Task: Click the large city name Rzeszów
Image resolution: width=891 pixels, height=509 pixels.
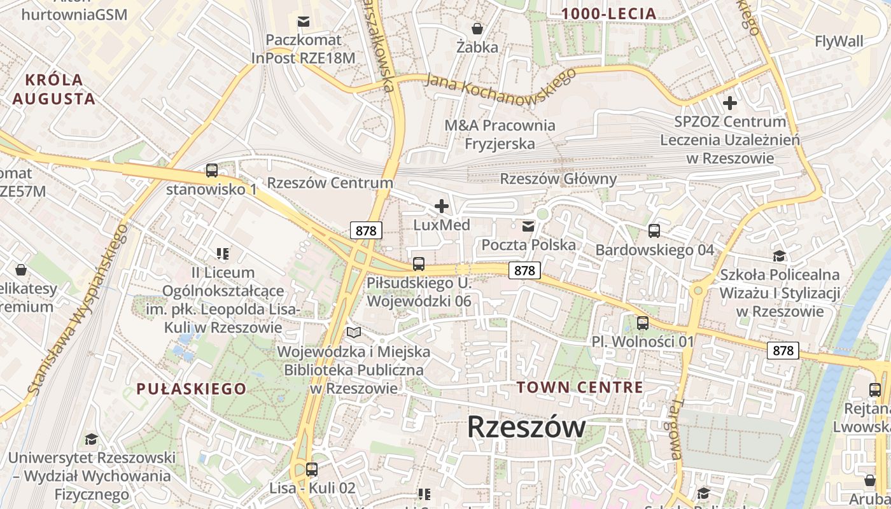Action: tap(526, 427)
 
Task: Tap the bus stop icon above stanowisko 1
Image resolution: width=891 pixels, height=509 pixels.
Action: tap(212, 171)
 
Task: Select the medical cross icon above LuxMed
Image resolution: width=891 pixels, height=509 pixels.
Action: tap(441, 206)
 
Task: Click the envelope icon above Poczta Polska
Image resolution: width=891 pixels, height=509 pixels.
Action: tap(528, 226)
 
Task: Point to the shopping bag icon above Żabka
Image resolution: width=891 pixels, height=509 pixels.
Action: tap(477, 29)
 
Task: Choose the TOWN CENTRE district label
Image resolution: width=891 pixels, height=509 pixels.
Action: tap(580, 387)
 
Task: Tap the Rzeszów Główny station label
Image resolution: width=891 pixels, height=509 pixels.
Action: tap(558, 179)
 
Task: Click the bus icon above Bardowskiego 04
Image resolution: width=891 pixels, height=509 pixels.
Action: tap(654, 231)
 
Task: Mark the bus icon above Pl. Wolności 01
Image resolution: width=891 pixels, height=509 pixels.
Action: tap(643, 323)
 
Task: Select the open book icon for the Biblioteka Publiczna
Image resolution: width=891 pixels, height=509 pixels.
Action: tap(354, 332)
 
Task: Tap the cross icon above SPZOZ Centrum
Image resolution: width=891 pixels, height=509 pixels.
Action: tap(730, 102)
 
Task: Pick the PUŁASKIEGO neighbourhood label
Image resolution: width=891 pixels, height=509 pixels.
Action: tap(191, 389)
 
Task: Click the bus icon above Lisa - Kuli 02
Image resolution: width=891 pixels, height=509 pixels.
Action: tap(312, 470)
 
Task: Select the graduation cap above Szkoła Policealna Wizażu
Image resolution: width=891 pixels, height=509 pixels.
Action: tap(779, 256)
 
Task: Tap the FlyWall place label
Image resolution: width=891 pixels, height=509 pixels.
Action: tap(839, 42)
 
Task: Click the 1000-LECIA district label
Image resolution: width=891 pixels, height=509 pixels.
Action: tap(608, 13)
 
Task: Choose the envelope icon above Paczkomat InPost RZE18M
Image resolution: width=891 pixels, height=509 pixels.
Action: tap(304, 22)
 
